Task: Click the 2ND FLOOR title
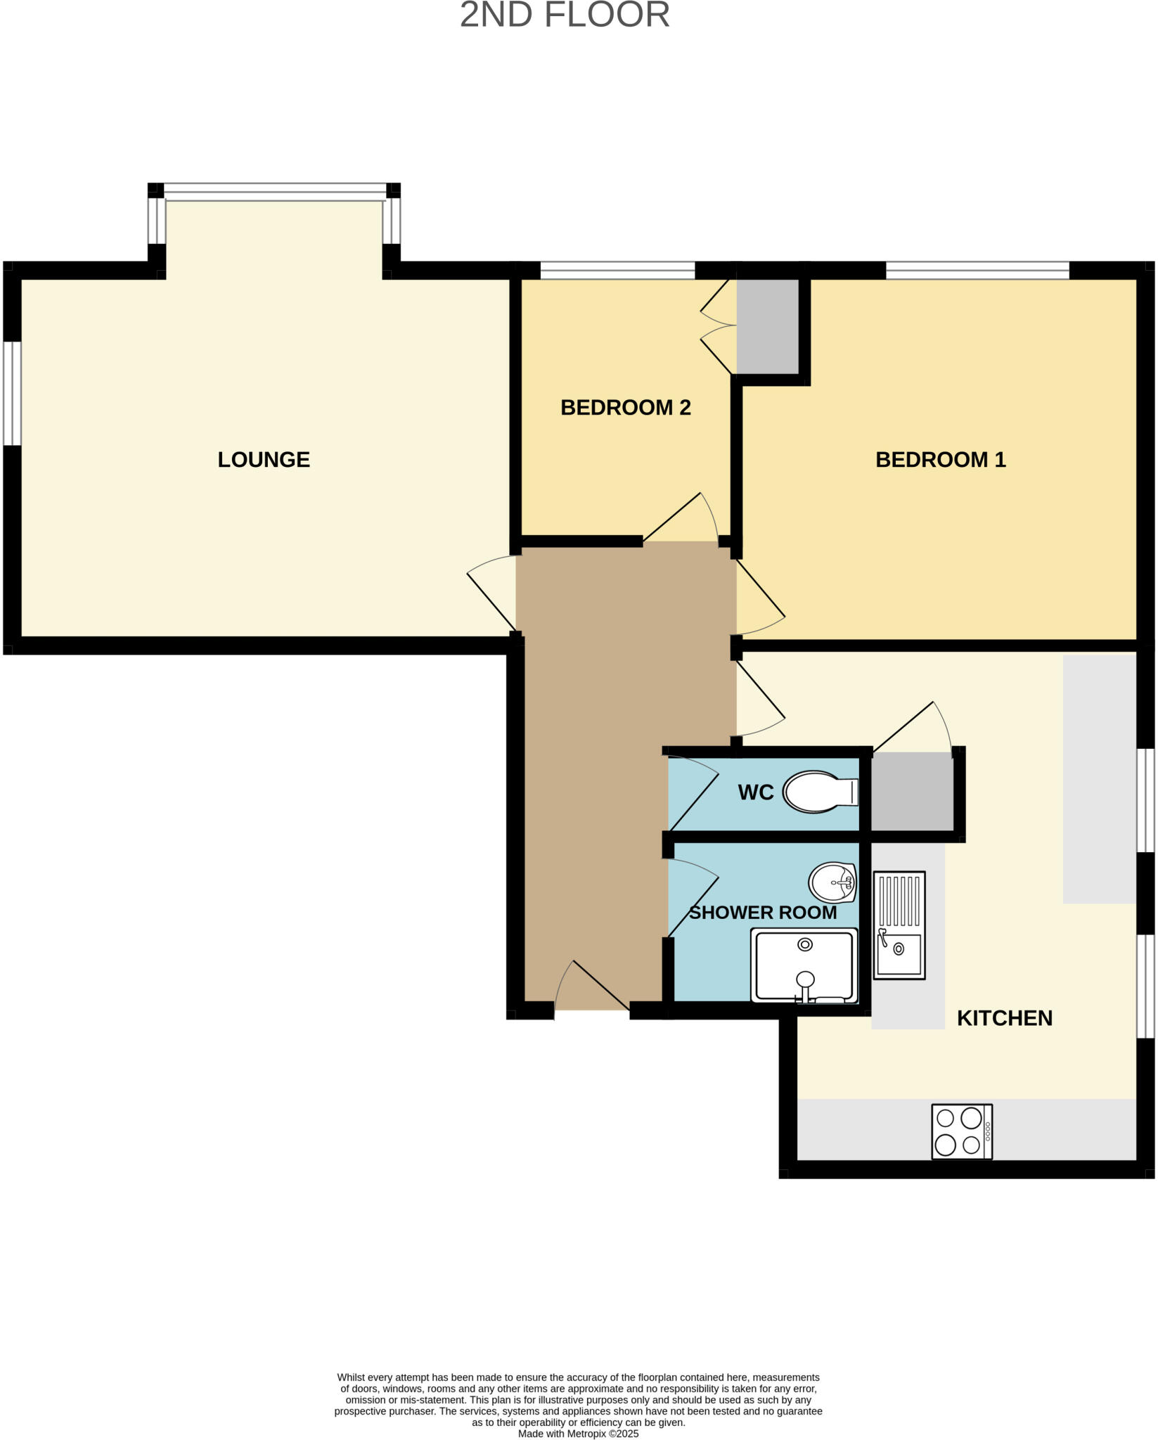565,15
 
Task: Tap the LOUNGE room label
264,459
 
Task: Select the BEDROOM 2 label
625,407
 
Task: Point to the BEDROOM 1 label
940,459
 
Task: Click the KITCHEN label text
1004,1017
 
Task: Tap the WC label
756,792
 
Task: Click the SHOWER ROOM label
762,913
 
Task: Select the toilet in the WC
818,792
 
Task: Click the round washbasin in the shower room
832,882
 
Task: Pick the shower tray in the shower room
804,965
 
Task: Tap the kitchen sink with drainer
899,925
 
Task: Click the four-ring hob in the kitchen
961,1131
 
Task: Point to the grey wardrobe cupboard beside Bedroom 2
767,326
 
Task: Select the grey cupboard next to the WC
912,792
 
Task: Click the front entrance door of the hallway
592,988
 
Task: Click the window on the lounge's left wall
12,393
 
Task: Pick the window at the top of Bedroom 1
977,271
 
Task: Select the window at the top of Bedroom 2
617,271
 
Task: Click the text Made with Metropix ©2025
578,1433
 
